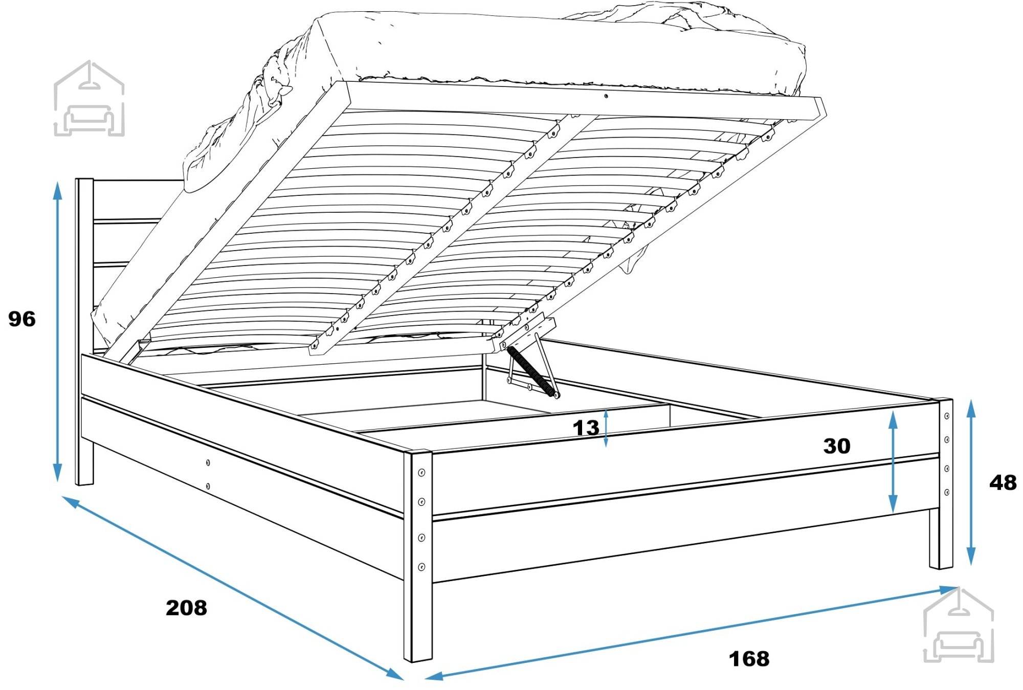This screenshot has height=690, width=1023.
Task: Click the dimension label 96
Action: tap(22, 319)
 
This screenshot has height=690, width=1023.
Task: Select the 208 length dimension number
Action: tap(186, 608)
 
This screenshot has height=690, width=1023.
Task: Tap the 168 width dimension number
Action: tap(749, 659)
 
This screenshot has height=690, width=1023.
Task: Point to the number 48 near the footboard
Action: tap(1003, 483)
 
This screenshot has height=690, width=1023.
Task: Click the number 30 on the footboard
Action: tap(837, 446)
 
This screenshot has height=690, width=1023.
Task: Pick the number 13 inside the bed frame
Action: tap(586, 428)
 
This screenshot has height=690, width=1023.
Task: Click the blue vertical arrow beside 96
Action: tap(58, 331)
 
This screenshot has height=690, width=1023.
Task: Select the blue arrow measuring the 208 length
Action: tap(233, 588)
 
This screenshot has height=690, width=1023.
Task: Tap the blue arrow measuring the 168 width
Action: tap(692, 633)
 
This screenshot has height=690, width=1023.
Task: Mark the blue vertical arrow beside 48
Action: tap(971, 482)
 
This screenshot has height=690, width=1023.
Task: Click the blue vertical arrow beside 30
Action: tap(893, 462)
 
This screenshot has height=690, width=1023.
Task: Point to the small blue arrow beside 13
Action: tap(606, 429)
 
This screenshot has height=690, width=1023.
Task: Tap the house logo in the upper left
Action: tap(89, 98)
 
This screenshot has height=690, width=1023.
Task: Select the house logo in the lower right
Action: tap(959, 625)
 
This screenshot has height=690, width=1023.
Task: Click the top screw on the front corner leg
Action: tap(422, 473)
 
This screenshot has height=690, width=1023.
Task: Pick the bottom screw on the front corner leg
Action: tap(422, 567)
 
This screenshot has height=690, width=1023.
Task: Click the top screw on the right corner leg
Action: tap(947, 416)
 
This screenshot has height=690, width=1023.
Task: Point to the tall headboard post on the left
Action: tap(84, 331)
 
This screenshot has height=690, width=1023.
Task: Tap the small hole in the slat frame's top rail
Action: tap(606, 96)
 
